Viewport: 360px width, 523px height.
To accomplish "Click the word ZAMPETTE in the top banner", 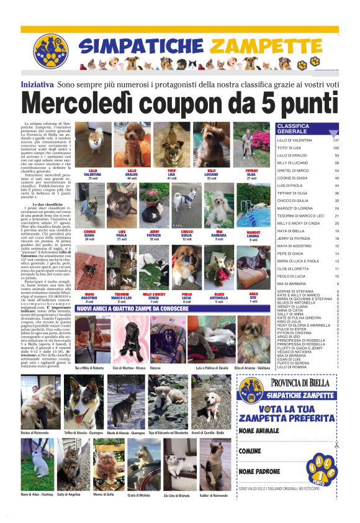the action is (x=266, y=45).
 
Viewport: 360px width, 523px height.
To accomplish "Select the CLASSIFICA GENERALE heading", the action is (x=295, y=129).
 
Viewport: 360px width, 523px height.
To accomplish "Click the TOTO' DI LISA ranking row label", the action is (x=291, y=148).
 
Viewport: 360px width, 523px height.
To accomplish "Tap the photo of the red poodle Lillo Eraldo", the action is (x=132, y=144).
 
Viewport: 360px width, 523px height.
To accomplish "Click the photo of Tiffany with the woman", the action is (x=251, y=144).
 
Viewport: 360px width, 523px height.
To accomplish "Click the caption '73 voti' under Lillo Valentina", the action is (x=93, y=179).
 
